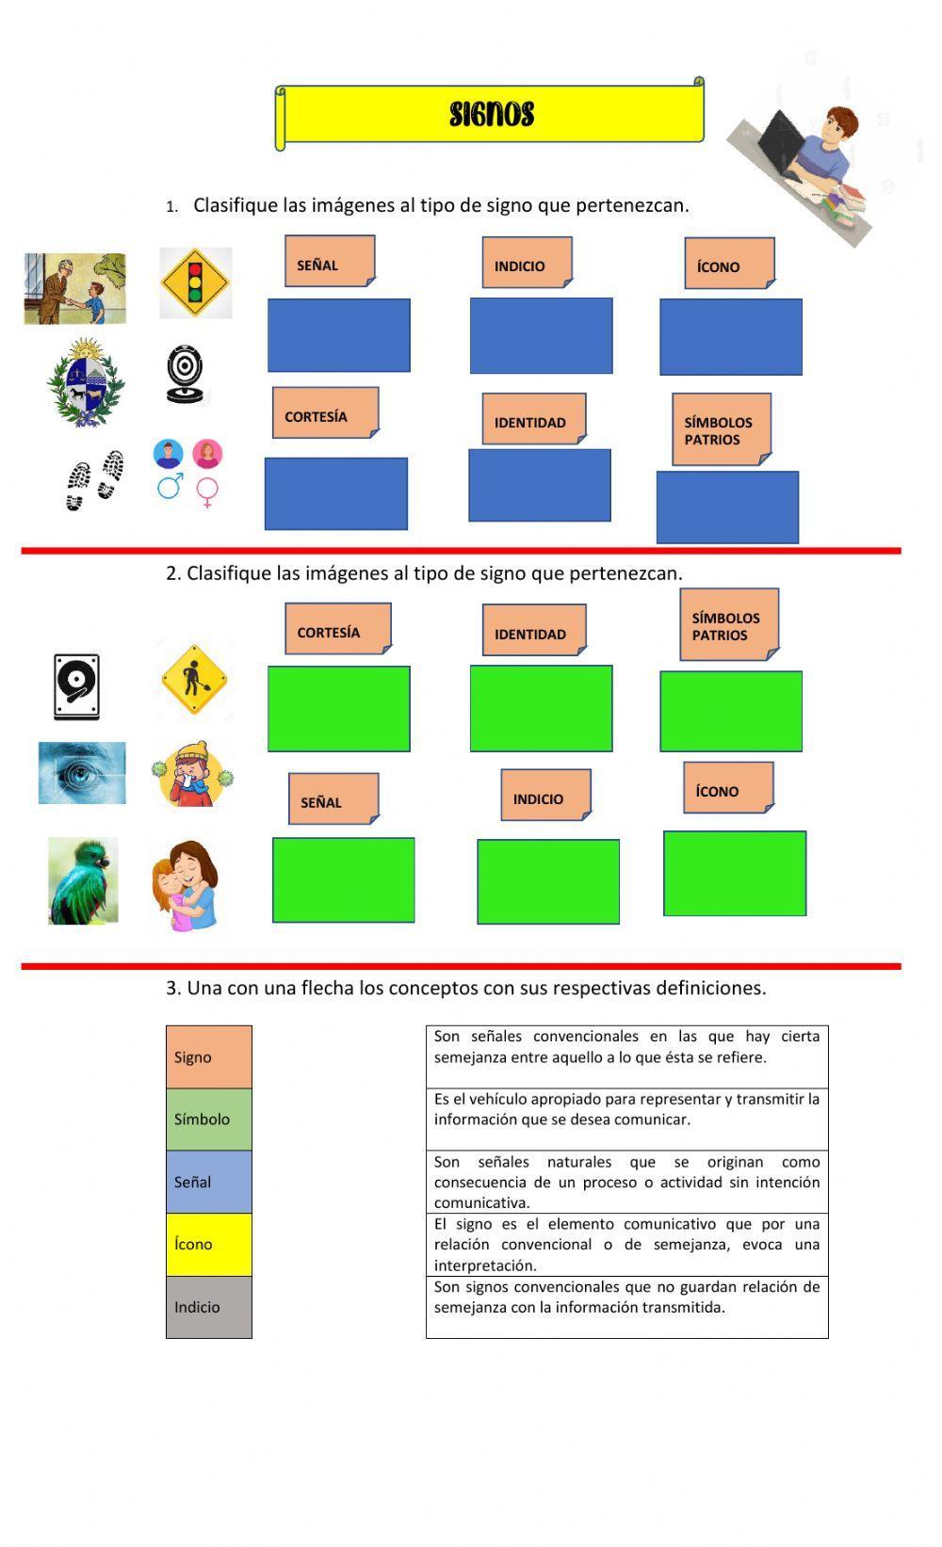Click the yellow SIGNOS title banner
[490, 115]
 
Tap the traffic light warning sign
[196, 282]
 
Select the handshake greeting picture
[74, 288]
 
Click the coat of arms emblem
[86, 382]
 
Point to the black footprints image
[94, 480]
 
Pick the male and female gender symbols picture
[187, 473]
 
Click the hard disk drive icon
[76, 687]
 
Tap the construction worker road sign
[195, 680]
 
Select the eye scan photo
[82, 773]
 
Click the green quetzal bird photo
[83, 881]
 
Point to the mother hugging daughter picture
[186, 886]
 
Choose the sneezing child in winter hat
[192, 774]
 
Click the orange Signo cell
[209, 1056]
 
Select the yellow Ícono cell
[209, 1244]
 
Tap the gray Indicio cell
[209, 1307]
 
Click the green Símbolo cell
[209, 1120]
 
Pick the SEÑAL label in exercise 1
[329, 262]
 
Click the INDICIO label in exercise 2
[545, 797]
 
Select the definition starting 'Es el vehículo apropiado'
[626, 1119]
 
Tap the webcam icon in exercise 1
[185, 375]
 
